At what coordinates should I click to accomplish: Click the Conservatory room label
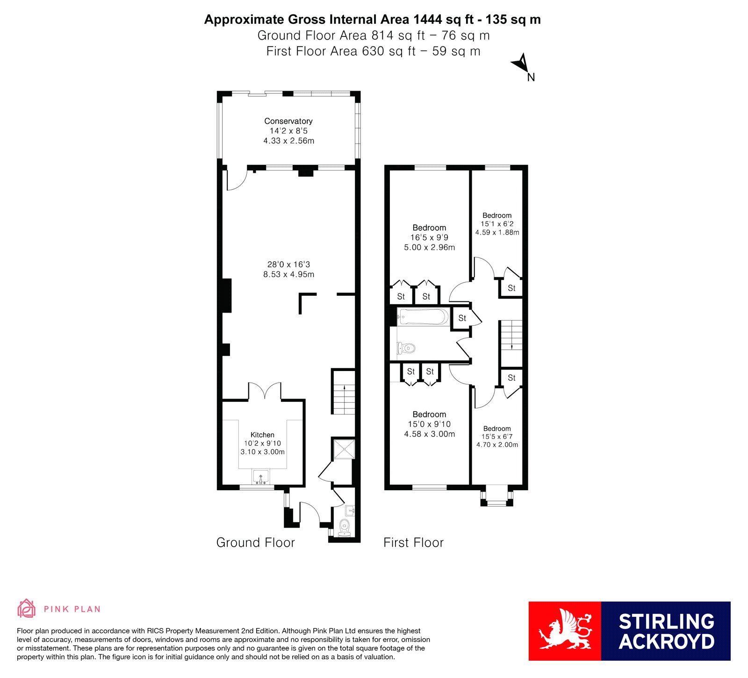[288, 121]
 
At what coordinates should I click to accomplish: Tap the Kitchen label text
[262, 435]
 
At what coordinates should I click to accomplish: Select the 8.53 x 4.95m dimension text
[288, 274]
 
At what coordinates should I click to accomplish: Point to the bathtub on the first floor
[423, 317]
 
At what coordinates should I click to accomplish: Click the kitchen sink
[260, 476]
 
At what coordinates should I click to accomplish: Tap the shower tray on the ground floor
[344, 449]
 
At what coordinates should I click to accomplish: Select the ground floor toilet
[345, 527]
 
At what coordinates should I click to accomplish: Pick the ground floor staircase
[344, 392]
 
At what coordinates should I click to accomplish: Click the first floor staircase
[511, 343]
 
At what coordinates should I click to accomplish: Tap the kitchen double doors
[265, 391]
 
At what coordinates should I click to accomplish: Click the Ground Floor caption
[255, 542]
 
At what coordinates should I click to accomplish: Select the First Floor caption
[413, 542]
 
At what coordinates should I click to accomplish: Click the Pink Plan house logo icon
[27, 608]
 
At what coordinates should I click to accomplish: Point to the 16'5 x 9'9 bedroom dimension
[429, 237]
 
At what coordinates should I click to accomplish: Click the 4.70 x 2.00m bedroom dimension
[497, 445]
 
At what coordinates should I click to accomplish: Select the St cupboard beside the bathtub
[462, 318]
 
